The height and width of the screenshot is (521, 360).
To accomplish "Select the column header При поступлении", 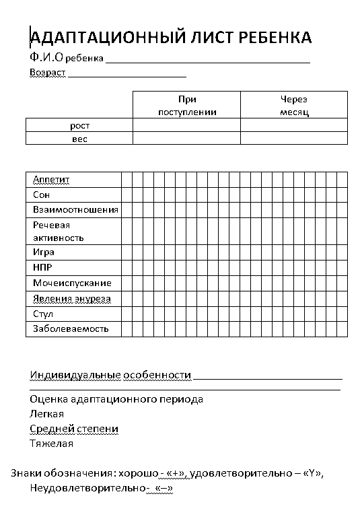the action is [187, 105].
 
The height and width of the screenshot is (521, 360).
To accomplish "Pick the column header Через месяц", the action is [294, 105].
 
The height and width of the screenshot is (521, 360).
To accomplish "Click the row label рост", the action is [79, 125].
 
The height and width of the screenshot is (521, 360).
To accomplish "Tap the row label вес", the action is [79, 139].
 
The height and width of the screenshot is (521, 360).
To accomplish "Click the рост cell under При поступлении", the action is [187, 125].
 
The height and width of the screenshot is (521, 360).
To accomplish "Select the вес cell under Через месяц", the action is [294, 139].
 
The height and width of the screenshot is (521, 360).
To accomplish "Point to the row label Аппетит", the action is [51, 179].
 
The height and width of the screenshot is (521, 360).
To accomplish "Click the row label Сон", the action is [41, 195].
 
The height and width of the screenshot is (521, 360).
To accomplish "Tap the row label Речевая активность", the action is [58, 231].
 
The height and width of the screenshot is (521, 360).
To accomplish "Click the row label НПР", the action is [42, 267].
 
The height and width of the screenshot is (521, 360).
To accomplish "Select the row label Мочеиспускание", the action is [72, 283].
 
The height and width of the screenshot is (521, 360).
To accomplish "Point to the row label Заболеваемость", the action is [71, 329].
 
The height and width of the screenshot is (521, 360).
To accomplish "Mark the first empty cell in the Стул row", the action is [127, 314].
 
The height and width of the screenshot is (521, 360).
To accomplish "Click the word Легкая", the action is [46, 414].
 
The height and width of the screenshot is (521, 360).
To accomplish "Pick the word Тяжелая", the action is [51, 444].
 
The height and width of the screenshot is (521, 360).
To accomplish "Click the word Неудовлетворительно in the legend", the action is [87, 488].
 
